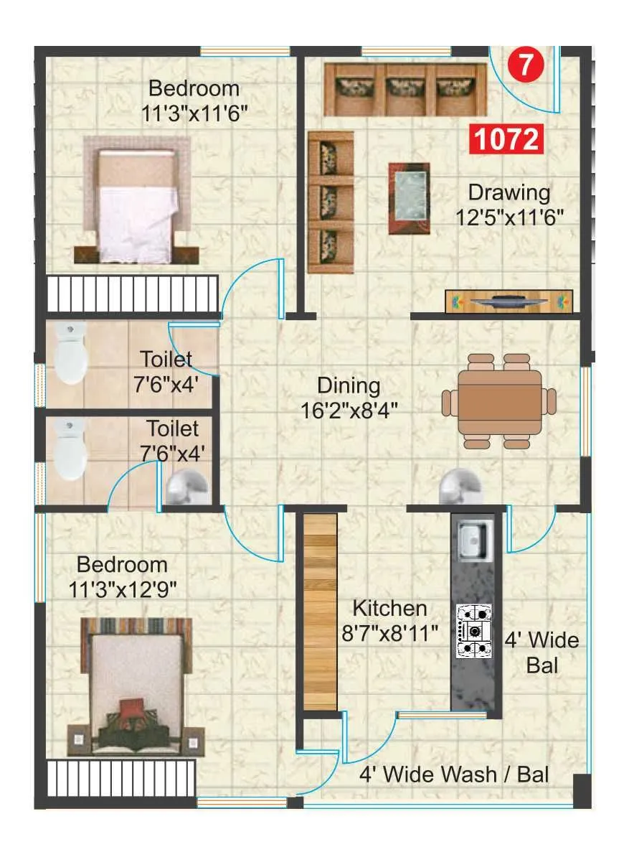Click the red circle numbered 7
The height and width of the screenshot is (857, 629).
click(x=525, y=65)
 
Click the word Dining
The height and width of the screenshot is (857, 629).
click(x=349, y=385)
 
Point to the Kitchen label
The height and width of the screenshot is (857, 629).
click(x=389, y=608)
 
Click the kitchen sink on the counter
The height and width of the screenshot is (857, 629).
click(x=473, y=540)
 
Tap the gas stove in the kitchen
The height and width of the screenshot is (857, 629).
click(x=474, y=630)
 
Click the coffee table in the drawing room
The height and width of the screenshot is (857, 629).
click(x=409, y=197)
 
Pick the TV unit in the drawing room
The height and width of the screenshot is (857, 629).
click(x=509, y=301)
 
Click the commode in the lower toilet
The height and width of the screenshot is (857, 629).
click(x=70, y=449)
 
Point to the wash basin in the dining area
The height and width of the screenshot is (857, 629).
click(x=459, y=486)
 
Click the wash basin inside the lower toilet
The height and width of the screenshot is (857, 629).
click(x=185, y=489)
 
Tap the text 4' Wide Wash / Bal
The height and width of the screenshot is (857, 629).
click(x=454, y=774)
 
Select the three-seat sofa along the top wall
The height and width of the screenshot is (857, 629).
click(x=405, y=89)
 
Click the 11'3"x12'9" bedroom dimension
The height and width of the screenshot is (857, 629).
click(x=123, y=589)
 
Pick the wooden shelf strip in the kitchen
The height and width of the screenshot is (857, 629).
click(x=320, y=612)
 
